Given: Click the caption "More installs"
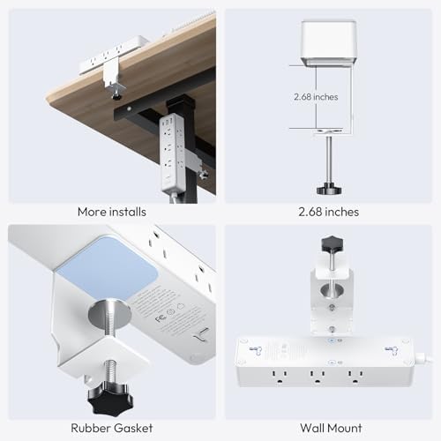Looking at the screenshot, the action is (112, 212).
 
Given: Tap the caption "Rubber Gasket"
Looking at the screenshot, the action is (112, 428).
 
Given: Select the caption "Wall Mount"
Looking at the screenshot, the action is (331, 428).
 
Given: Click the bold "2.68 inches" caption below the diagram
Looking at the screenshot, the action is (329, 212).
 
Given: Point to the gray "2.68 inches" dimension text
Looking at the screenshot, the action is (316, 97).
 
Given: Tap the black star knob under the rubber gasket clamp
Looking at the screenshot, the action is (110, 398).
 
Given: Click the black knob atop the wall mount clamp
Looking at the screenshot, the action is (333, 243).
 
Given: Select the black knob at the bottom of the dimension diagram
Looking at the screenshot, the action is (329, 188).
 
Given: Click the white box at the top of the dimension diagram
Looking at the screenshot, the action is (329, 42).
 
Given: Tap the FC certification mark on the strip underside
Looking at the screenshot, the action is (161, 318).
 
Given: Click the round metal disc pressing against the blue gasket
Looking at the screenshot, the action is (109, 315).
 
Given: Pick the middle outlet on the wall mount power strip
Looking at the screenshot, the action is (317, 377).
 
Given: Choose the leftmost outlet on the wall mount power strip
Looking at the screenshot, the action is (280, 377).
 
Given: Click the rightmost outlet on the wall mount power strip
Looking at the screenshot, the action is (355, 377).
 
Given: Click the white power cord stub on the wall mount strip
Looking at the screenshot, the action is (423, 357).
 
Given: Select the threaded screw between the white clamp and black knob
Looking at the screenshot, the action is (109, 372).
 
